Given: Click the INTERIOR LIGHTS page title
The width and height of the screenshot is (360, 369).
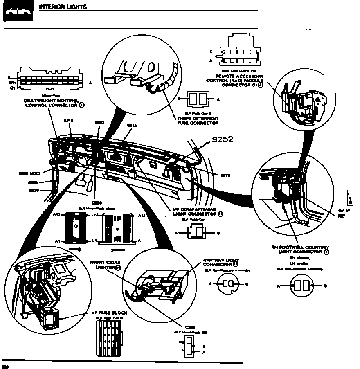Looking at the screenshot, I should [63, 7].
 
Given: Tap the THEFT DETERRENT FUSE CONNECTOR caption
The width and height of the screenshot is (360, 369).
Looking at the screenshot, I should [198, 121].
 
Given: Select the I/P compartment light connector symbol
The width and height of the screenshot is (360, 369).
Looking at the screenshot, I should [197, 233].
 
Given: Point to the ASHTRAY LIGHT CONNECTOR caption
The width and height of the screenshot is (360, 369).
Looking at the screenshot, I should [221, 262].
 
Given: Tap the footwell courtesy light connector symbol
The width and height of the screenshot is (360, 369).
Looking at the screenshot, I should [301, 286].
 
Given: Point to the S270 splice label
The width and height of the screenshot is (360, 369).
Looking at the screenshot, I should [225, 175].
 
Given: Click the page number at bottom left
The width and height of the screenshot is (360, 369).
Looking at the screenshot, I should [5, 366].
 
